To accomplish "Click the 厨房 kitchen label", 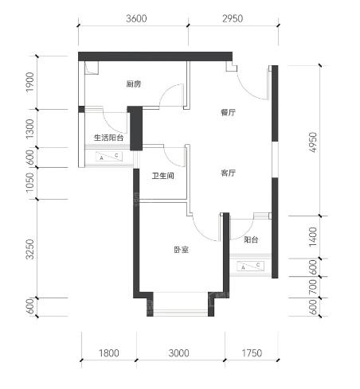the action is [x=134, y=84].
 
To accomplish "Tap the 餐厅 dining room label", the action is [x=228, y=112].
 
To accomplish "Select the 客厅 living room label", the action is [x=228, y=173].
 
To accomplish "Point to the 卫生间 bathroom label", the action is [x=162, y=176].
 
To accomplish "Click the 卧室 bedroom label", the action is [x=182, y=250].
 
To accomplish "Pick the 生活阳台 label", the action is [x=109, y=138].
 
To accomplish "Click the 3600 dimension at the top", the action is [x=136, y=18].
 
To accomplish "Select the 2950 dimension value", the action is [x=233, y=18].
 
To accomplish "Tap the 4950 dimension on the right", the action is [x=314, y=142].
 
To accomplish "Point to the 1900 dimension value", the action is [x=30, y=82].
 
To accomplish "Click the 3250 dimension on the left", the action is [x=30, y=249].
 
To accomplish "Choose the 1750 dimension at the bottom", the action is [x=252, y=353].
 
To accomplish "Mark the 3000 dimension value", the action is [x=179, y=353].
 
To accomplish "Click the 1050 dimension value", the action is [x=30, y=183].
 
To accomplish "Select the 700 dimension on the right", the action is [x=314, y=286].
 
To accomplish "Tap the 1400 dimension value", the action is [x=314, y=237].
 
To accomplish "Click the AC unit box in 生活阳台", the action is [x=109, y=157].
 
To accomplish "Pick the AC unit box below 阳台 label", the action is [x=251, y=266].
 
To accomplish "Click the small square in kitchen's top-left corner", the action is [x=92, y=68].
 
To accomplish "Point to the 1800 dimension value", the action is [x=109, y=353].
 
